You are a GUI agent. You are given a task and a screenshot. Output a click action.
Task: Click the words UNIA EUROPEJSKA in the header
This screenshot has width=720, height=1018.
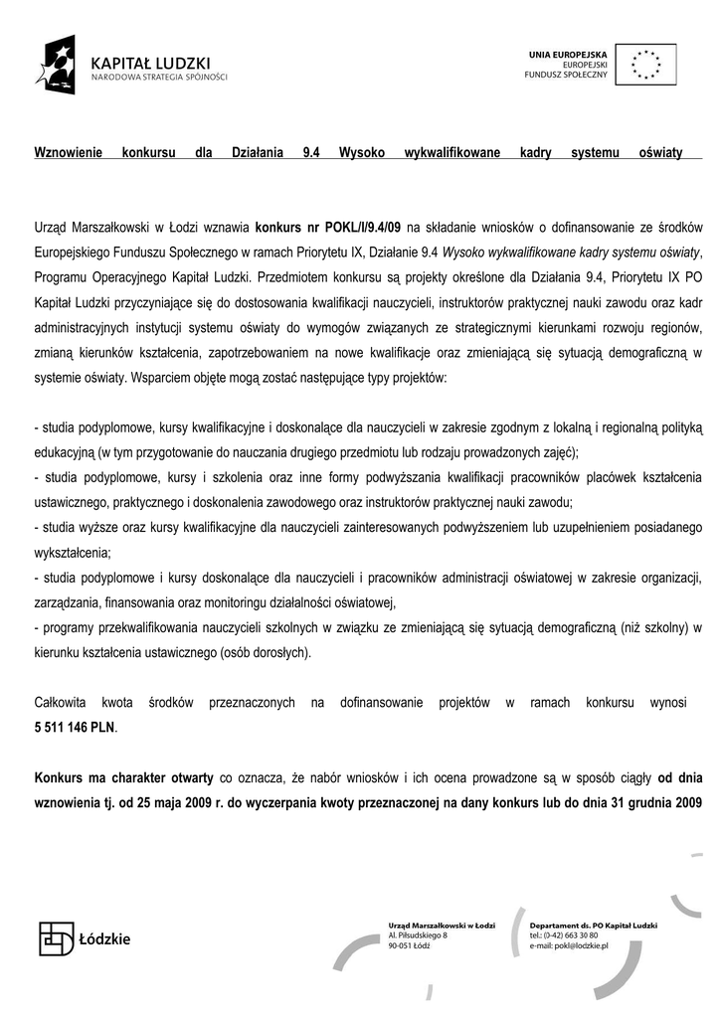(565, 52)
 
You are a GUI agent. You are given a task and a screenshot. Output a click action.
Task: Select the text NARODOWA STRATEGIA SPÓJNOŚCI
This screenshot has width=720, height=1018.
(159, 77)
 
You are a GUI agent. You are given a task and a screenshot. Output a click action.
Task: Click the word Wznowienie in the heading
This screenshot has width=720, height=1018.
(69, 154)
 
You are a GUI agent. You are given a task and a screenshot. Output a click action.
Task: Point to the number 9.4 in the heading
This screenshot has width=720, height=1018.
(309, 154)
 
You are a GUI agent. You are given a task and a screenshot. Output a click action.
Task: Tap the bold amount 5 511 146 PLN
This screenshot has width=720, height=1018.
(75, 727)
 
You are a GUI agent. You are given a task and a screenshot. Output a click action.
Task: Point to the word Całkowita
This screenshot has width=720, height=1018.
(61, 703)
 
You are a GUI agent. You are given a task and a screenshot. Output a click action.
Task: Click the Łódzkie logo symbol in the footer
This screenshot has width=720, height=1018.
(57, 937)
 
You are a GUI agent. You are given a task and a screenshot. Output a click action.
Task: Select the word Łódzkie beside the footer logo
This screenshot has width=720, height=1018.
(104, 938)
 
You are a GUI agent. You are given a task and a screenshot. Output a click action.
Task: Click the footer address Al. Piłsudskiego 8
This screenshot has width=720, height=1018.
(419, 935)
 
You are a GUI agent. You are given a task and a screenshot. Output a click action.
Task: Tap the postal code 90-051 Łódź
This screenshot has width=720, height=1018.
(409, 946)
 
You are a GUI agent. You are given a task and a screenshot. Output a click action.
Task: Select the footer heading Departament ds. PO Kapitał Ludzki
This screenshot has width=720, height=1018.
(591, 925)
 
